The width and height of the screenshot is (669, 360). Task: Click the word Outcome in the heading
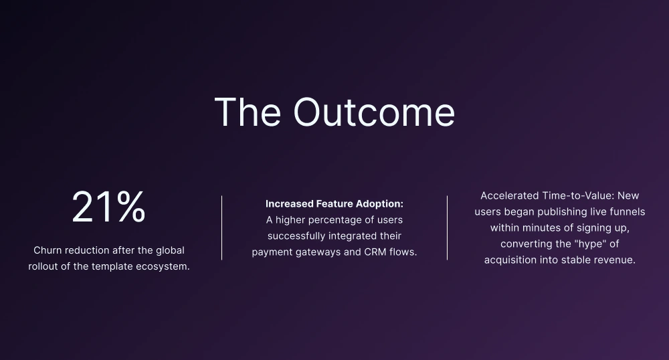click(x=374, y=112)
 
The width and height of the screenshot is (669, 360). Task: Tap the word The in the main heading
click(x=248, y=112)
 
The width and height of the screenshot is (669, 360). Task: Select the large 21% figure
click(x=109, y=207)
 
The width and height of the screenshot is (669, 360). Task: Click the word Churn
click(x=47, y=250)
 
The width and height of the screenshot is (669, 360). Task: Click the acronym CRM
click(x=375, y=252)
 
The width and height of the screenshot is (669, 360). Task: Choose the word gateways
click(x=320, y=252)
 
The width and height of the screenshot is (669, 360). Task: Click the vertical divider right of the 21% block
click(x=222, y=228)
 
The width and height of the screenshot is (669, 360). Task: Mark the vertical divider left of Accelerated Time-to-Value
click(x=447, y=228)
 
